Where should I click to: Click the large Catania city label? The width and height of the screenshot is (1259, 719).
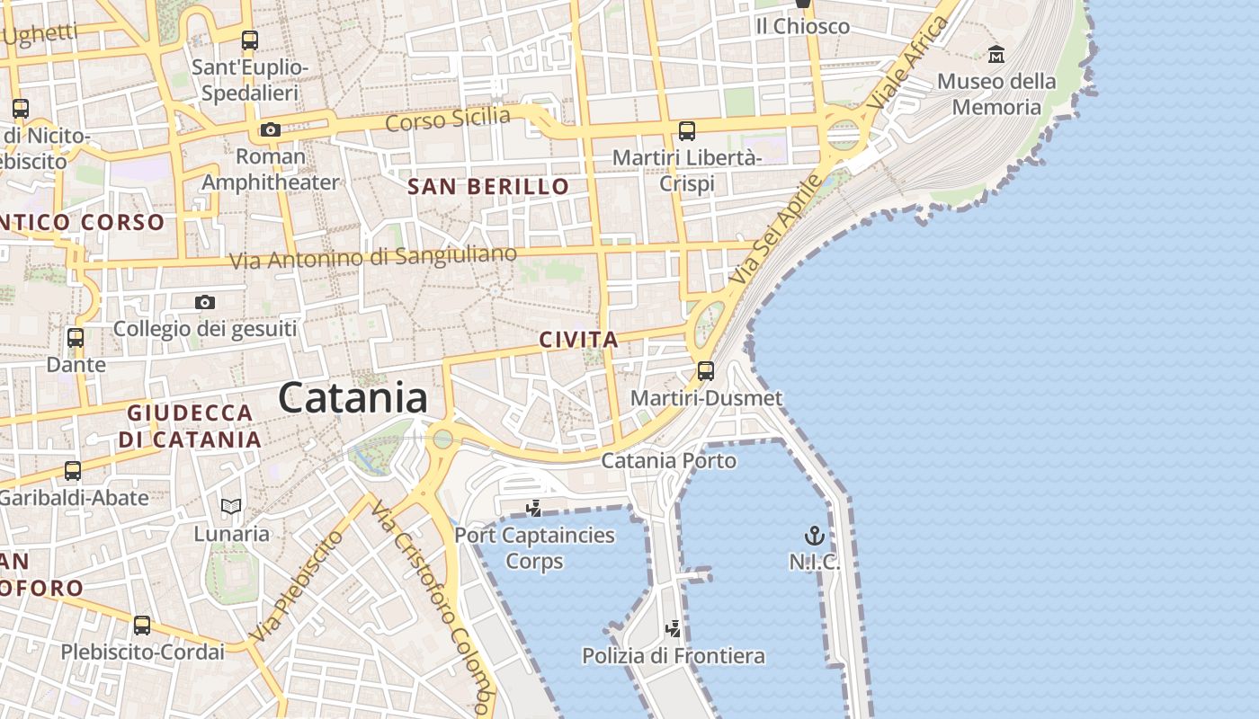pyautogui.click(x=353, y=397)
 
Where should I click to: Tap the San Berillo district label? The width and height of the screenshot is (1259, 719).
pyautogui.click(x=488, y=187)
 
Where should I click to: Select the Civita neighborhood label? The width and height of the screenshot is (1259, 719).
pyautogui.click(x=579, y=340)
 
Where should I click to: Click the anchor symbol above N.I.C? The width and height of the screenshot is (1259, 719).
pyautogui.click(x=814, y=537)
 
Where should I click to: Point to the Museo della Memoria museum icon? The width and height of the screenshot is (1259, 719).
pyautogui.click(x=996, y=56)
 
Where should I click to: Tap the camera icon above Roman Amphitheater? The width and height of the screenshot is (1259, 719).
pyautogui.click(x=270, y=130)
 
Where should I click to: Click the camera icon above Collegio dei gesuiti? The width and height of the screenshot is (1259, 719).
pyautogui.click(x=205, y=302)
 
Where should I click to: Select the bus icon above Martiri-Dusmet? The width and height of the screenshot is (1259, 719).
pyautogui.click(x=706, y=371)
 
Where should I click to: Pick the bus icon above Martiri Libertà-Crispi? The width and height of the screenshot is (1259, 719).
pyautogui.click(x=687, y=131)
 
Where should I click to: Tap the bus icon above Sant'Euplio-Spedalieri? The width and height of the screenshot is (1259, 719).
pyautogui.click(x=250, y=40)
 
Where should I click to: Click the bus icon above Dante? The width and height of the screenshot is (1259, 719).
pyautogui.click(x=76, y=339)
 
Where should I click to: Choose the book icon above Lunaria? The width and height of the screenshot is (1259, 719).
pyautogui.click(x=231, y=507)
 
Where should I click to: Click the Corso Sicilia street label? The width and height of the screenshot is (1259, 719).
pyautogui.click(x=448, y=119)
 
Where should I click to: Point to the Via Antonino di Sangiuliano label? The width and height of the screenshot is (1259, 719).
pyautogui.click(x=373, y=258)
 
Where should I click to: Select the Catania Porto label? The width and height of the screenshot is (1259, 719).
pyautogui.click(x=668, y=461)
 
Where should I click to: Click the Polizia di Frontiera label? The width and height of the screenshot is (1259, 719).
pyautogui.click(x=674, y=656)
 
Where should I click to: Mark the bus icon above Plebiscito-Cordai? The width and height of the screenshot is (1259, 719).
pyautogui.click(x=142, y=626)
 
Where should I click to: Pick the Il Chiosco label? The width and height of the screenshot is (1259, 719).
pyautogui.click(x=802, y=27)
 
